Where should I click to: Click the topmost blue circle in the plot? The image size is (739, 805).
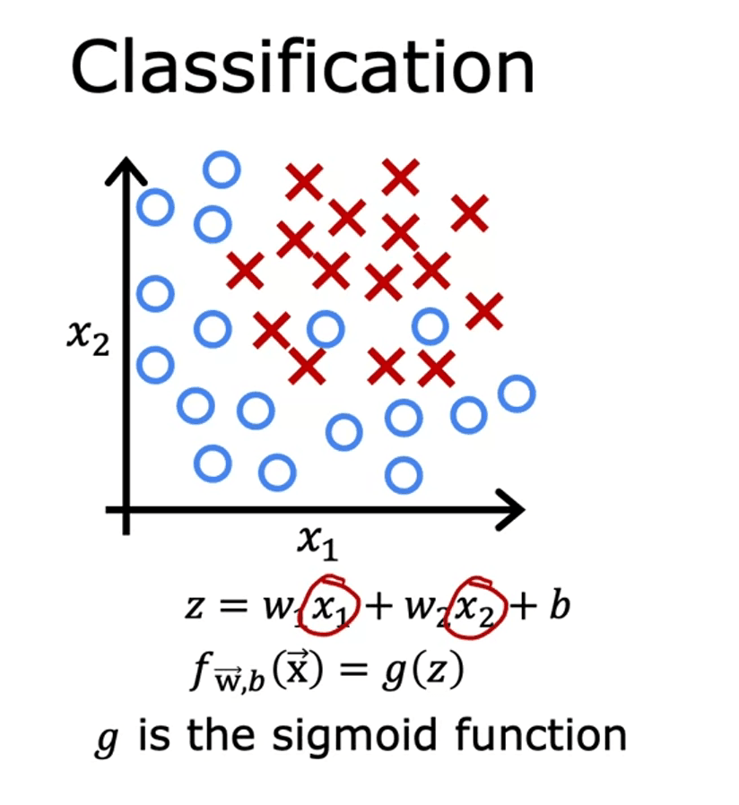tap(222, 169)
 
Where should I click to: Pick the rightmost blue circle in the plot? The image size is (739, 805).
tap(516, 393)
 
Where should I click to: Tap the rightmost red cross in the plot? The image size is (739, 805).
tap(484, 311)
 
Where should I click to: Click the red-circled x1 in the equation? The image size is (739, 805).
tap(333, 607)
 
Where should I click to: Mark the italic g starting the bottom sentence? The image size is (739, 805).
tap(106, 740)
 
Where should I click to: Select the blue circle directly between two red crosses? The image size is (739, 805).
tap(325, 329)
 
